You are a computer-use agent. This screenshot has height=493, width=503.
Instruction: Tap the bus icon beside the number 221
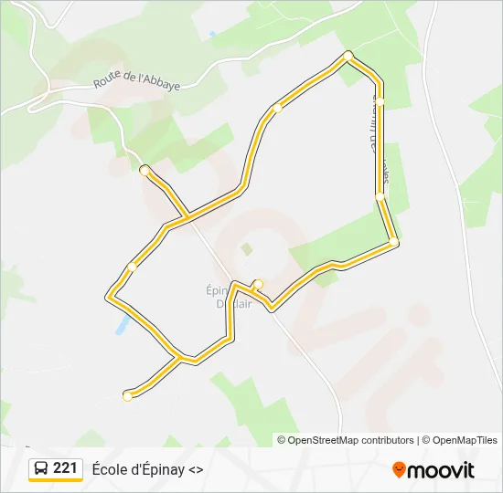[41, 469]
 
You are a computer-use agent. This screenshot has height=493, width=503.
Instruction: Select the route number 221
[65, 468]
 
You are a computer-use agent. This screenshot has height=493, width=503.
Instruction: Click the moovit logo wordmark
[440, 470]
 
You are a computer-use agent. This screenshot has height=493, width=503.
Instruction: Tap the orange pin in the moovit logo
[399, 469]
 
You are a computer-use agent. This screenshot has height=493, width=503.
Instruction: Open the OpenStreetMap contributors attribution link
[351, 440]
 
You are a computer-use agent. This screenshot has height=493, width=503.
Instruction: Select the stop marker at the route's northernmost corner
[348, 57]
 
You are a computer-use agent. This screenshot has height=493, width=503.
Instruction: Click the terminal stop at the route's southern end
[127, 395]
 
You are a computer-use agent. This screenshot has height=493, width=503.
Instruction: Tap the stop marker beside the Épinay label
[259, 283]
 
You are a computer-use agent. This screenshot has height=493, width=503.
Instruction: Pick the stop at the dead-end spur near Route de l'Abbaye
[144, 170]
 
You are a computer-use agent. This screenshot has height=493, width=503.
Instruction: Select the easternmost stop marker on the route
[393, 242]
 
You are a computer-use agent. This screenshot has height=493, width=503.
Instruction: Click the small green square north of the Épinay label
[246, 247]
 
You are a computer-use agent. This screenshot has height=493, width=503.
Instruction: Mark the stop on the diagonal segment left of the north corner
[277, 108]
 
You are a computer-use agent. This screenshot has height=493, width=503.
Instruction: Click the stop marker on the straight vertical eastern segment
[380, 195]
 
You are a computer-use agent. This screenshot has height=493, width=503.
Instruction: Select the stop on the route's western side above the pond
[133, 267]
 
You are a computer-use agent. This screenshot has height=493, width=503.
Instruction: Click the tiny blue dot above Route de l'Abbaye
[212, 35]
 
